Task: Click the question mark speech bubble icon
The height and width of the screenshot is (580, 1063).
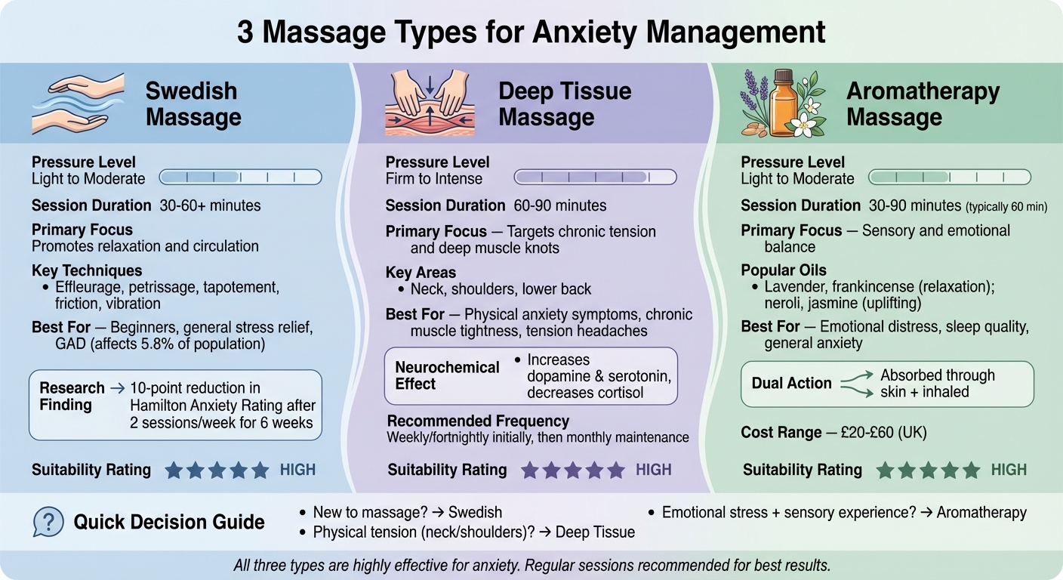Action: [48, 522]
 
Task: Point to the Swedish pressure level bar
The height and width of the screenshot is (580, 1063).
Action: [240, 177]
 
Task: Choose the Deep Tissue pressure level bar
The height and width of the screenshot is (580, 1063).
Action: [595, 177]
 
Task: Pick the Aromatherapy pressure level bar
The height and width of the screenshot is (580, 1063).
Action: [950, 177]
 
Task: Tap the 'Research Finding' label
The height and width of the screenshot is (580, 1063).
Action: [72, 396]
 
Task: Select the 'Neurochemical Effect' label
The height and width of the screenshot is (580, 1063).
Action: [447, 375]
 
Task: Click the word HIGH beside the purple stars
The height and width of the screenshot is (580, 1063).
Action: [653, 470]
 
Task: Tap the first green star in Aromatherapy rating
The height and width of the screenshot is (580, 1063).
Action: [885, 470]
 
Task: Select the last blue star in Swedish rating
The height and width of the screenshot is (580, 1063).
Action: [260, 470]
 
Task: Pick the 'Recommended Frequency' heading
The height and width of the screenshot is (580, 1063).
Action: [478, 421]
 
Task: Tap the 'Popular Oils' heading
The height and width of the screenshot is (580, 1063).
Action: [784, 270]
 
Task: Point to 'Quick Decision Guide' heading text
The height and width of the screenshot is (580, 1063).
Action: [169, 522]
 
